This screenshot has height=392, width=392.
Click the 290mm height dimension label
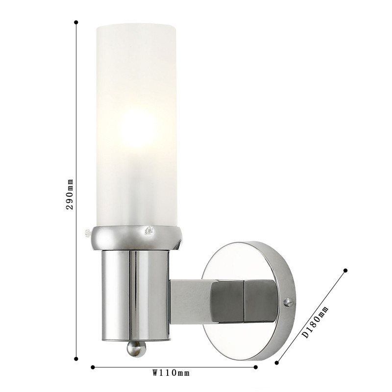tap(69, 194)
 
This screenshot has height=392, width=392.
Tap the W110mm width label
tap(171, 373)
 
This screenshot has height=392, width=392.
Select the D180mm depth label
tap(316, 321)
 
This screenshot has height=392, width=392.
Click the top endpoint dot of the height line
tap(76, 22)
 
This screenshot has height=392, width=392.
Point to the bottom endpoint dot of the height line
tap(76, 359)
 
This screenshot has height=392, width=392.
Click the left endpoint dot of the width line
tap(93, 367)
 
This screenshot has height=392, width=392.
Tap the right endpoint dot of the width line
tap(255, 367)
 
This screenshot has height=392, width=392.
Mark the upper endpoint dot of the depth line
tap(345, 270)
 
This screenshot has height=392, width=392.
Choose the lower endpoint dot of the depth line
tap(277, 363)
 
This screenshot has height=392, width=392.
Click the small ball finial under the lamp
tap(136, 348)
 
